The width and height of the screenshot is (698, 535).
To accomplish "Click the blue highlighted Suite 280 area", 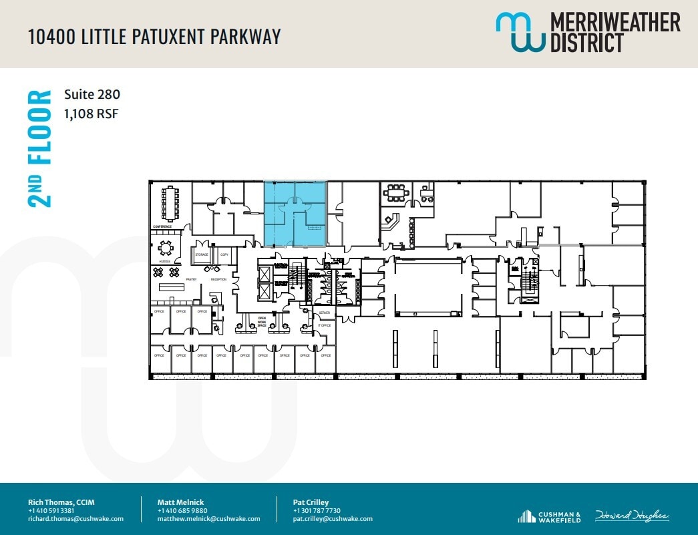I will (x=295, y=212).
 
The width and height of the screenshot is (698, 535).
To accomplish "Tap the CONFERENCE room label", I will (x=162, y=227).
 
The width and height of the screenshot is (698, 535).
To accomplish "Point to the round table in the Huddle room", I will (x=166, y=249).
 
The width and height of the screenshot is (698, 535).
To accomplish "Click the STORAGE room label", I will (x=202, y=255).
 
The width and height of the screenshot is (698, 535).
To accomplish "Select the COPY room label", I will (x=224, y=255).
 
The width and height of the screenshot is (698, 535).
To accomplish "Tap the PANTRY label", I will (x=191, y=279).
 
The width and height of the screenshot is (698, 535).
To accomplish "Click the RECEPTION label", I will (x=218, y=279).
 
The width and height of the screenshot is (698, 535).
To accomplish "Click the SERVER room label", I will (x=324, y=313).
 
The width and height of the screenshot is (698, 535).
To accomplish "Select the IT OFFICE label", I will (x=324, y=325).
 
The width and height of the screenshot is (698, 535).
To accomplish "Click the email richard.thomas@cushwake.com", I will (x=75, y=518).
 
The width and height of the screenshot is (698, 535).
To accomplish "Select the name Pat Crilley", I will (x=311, y=502).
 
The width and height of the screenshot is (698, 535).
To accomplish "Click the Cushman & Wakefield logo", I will (x=549, y=516).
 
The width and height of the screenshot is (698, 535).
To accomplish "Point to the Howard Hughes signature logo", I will (x=631, y=516).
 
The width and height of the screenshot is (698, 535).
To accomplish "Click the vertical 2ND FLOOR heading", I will (x=41, y=148).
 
